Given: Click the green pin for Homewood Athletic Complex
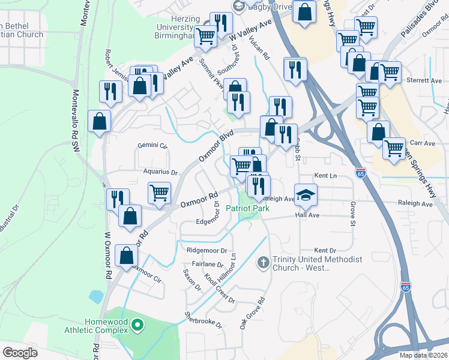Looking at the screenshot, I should coord(137,326).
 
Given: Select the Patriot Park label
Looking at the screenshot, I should coord(247,209).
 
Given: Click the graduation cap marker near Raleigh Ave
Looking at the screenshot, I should coord(306,194).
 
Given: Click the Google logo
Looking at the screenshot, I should coord(20,353).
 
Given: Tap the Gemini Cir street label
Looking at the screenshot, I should coord(152,146).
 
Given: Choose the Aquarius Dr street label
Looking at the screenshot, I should coord(161,172).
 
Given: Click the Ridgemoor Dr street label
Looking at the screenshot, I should coord(207,251).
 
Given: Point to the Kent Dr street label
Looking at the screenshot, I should coord(325,250).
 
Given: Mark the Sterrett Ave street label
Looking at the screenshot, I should coord(424,80).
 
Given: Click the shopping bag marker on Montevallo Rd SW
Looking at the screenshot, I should coord(99,121).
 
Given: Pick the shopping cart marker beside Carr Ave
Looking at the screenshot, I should coord(394,148).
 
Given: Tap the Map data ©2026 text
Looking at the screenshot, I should coord(424,355).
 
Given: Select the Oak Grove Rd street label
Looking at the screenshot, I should coord(252,314).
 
